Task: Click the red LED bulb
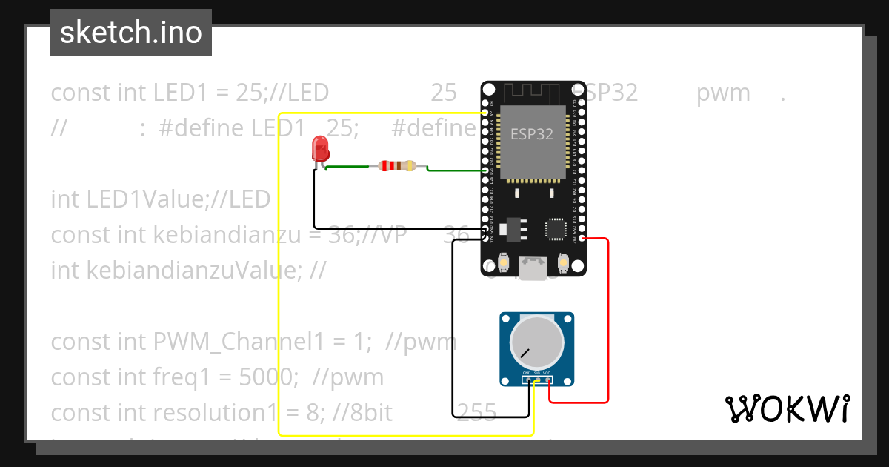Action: (x=320, y=148)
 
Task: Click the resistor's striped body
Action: (x=397, y=166)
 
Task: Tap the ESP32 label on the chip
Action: (x=531, y=135)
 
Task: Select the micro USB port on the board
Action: (x=531, y=268)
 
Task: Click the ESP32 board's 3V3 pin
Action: (x=583, y=239)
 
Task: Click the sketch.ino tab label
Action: (x=131, y=33)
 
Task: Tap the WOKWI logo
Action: (x=787, y=408)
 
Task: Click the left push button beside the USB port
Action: (x=503, y=262)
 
